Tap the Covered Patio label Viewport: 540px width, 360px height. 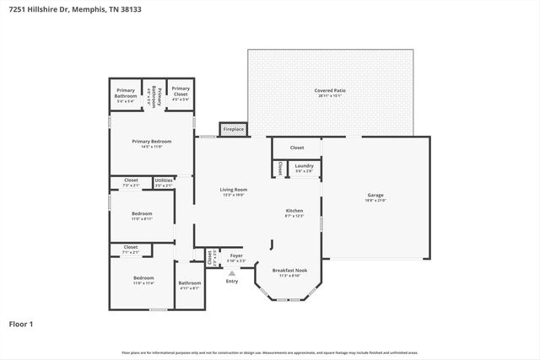point(330,90)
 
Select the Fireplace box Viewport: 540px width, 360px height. point(233,129)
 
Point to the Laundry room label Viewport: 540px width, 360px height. point(305,166)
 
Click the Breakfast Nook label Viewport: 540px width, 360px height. point(289,271)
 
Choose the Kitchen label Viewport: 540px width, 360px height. point(294,211)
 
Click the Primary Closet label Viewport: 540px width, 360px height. point(181,91)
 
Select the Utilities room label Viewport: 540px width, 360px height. point(164,180)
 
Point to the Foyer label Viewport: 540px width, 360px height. point(236,255)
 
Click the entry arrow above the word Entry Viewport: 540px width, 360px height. point(232,271)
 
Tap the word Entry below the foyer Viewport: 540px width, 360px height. point(232,281)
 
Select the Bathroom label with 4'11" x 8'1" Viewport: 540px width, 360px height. point(190,283)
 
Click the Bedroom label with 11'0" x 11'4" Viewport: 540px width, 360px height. point(143,278)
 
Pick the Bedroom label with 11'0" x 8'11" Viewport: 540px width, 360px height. point(142,214)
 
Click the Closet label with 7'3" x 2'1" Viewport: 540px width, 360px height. point(131,180)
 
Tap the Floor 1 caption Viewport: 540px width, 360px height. point(20,324)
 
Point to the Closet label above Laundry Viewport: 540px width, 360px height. point(297,148)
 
